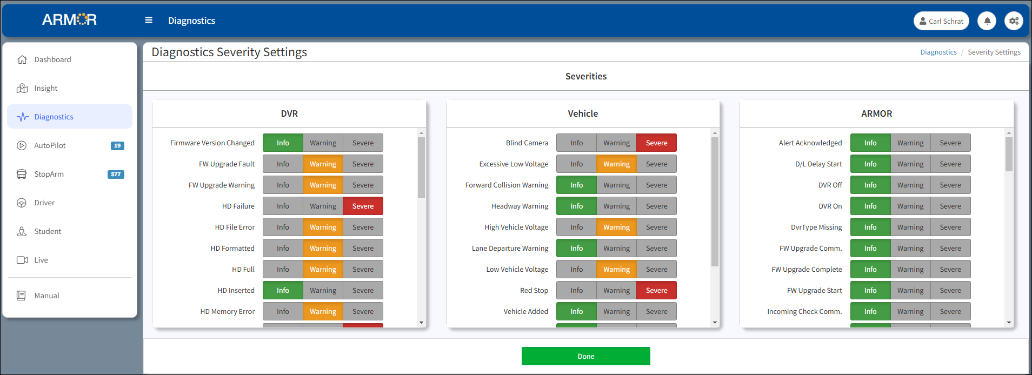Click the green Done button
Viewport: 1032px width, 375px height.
coord(585,356)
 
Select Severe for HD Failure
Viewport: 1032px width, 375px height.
coord(363,206)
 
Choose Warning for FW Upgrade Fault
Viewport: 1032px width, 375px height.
coord(323,164)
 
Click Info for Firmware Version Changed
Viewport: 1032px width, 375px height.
coord(283,143)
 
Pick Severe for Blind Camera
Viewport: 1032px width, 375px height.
coord(656,143)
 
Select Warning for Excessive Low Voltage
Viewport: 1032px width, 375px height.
coord(616,164)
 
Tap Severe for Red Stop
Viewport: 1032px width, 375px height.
coord(656,290)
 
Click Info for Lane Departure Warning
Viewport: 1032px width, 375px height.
coord(576,248)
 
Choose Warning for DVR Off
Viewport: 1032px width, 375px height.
coord(910,185)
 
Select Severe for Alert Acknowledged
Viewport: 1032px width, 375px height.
coord(950,143)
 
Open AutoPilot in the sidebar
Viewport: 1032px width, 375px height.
coord(50,145)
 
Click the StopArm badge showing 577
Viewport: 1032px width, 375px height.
coord(116,174)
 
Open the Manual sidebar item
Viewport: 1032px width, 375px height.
coord(46,296)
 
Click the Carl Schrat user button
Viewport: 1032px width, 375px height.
coord(941,21)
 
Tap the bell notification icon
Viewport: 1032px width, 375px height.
coord(987,21)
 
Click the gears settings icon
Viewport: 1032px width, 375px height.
coord(1014,21)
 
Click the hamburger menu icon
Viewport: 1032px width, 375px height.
coord(149,20)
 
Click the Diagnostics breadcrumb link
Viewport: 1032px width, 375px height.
coord(938,52)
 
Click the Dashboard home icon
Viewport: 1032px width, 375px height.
coord(22,59)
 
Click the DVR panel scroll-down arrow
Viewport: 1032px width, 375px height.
coord(421,323)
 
